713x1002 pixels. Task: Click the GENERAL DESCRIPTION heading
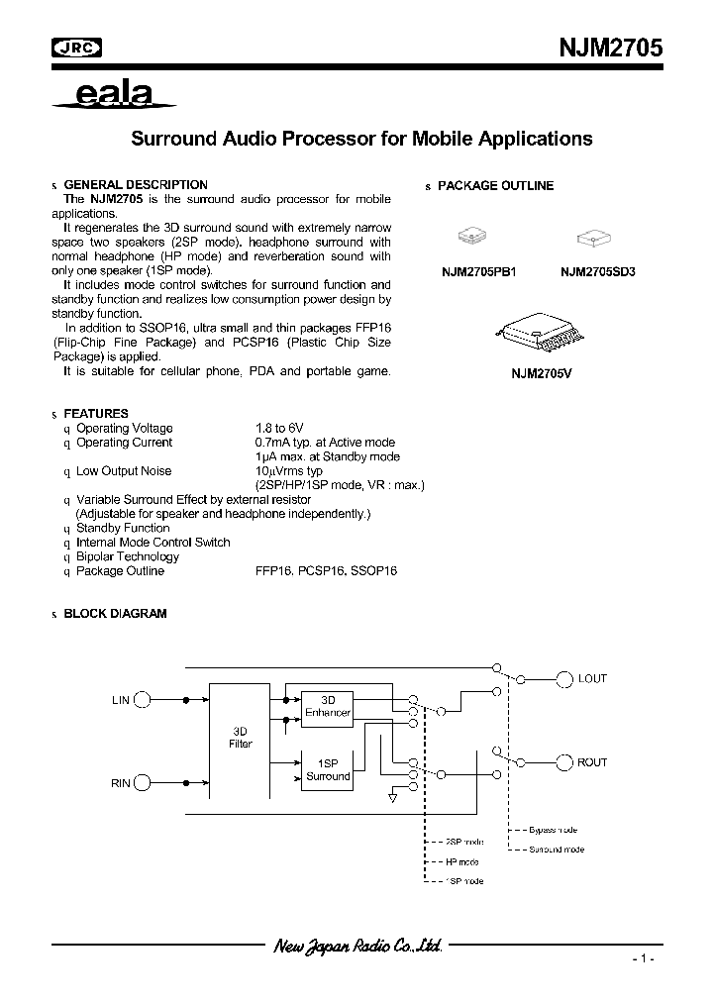click(136, 185)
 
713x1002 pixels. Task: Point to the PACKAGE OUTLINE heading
click(495, 186)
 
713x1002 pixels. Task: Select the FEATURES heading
click(96, 414)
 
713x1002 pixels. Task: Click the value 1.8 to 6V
click(279, 429)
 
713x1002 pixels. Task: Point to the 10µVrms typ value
click(289, 471)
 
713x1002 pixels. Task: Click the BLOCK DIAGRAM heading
click(115, 614)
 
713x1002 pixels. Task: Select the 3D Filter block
click(241, 737)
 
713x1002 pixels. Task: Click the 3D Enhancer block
click(328, 706)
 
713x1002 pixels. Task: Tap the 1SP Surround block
click(328, 769)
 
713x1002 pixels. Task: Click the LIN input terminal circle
click(143, 700)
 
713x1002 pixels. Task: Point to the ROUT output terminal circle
click(563, 762)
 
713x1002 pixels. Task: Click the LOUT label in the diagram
click(593, 679)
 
